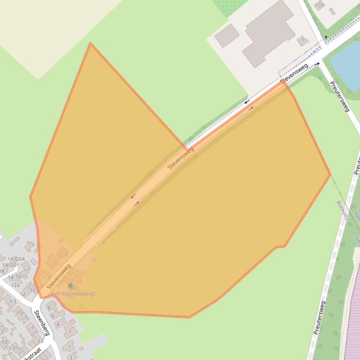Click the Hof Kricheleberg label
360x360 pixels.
72,294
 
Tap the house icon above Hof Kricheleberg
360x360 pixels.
71,286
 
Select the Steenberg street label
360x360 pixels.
41,322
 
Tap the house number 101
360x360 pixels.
319,6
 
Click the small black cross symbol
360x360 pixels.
326,37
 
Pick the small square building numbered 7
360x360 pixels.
302,40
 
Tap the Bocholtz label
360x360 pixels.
342,210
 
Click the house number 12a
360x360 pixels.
15,285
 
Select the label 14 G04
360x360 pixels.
16,259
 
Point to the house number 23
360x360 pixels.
40,341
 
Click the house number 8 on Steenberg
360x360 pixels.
49,308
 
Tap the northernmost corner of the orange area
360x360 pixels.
90,43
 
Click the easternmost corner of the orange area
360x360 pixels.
330,175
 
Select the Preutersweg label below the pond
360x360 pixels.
340,97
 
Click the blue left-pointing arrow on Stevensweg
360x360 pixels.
246,101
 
